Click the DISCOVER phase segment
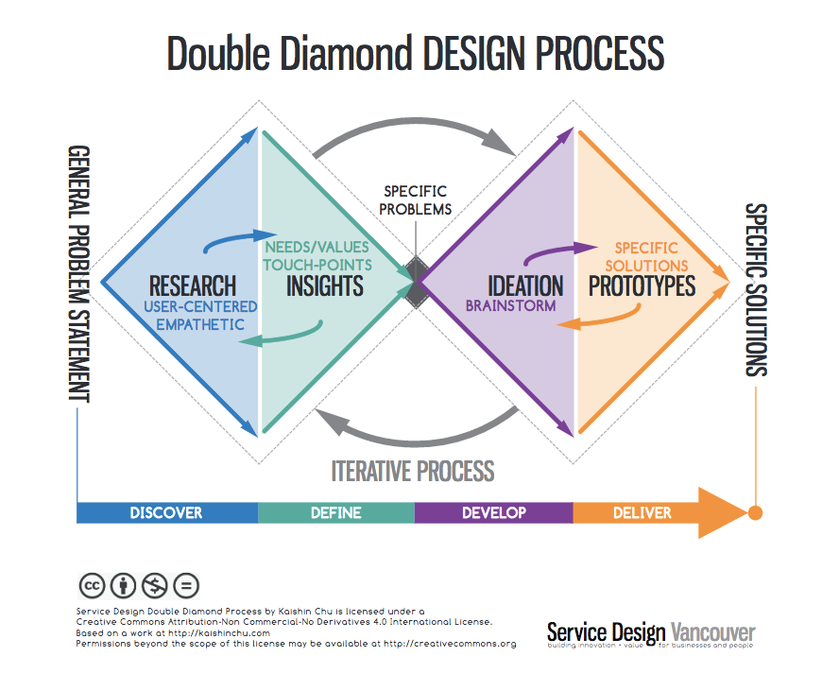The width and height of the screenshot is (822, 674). pyautogui.click(x=167, y=512)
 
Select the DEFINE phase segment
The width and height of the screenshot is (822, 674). pyautogui.click(x=336, y=512)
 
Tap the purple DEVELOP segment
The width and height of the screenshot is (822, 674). pyautogui.click(x=494, y=512)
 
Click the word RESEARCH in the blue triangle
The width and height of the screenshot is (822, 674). pyautogui.click(x=193, y=286)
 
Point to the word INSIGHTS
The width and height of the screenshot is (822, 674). pyautogui.click(x=324, y=285)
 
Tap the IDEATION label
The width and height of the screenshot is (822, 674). pyautogui.click(x=525, y=286)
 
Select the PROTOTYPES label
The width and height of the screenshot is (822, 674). pyautogui.click(x=642, y=285)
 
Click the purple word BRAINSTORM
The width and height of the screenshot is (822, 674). pyautogui.click(x=510, y=305)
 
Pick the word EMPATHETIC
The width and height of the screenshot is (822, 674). pyautogui.click(x=200, y=324)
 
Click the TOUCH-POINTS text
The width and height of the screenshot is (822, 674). pyautogui.click(x=317, y=265)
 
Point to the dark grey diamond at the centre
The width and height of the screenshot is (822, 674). pyautogui.click(x=417, y=283)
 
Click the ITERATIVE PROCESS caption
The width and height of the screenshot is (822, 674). pyautogui.click(x=413, y=471)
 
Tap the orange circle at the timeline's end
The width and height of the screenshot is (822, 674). pyautogui.click(x=755, y=512)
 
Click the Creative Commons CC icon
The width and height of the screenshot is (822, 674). pyautogui.click(x=92, y=586)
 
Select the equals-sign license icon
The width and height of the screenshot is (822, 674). pyautogui.click(x=186, y=586)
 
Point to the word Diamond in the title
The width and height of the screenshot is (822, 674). pyautogui.click(x=346, y=53)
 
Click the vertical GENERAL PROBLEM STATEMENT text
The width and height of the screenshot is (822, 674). pyautogui.click(x=79, y=274)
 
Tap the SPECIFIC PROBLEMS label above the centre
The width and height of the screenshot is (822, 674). pyautogui.click(x=415, y=200)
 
